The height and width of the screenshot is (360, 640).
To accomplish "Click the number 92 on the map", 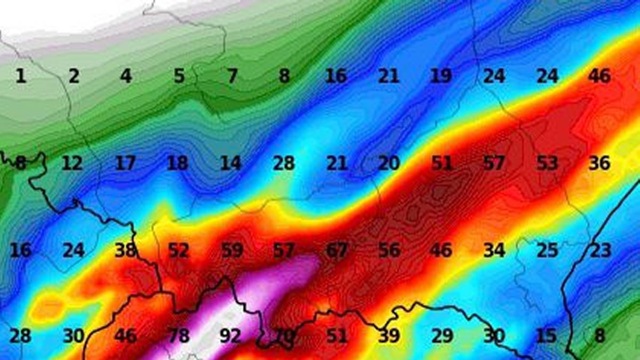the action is click(230, 337).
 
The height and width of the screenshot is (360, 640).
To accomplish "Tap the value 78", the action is click(179, 337).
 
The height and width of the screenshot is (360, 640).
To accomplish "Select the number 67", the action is click(337, 250).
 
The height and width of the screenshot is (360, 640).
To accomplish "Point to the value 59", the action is click(231, 250).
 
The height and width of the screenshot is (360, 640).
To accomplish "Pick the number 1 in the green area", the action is click(20, 76).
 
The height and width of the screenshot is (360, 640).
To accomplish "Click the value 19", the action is click(441, 76).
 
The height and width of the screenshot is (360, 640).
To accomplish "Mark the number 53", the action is click(547, 163).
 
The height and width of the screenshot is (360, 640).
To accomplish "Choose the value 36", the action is click(599, 163).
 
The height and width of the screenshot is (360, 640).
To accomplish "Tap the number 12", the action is click(73, 163).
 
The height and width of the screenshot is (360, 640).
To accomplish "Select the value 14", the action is click(231, 163).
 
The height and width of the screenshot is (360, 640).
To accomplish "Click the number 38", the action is click(126, 250).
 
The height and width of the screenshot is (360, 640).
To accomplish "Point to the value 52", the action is click(179, 250).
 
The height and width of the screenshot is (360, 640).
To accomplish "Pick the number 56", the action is click(389, 250).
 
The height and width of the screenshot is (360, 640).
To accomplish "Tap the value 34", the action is click(494, 250).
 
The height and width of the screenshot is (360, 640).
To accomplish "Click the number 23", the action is click(599, 250).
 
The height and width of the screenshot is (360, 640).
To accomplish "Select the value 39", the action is click(389, 337).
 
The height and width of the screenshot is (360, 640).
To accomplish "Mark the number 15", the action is click(546, 337).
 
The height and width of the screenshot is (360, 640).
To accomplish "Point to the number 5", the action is click(179, 76).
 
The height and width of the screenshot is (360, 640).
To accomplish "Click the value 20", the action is click(389, 163).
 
